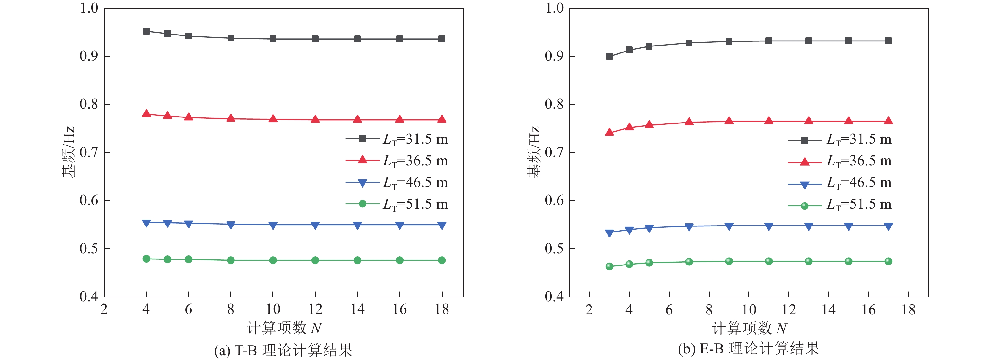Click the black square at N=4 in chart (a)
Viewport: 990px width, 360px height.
[x=146, y=31]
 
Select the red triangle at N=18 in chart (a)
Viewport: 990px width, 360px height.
[x=442, y=119]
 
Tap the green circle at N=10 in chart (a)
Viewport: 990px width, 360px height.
[x=273, y=260]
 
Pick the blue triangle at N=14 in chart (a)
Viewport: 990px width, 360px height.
[x=357, y=225]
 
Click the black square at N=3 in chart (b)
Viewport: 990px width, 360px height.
[x=609, y=57]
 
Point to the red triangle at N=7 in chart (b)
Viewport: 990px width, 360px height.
[x=689, y=122]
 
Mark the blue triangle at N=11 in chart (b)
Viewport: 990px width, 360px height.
[x=769, y=226]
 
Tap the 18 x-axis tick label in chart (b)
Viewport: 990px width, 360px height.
[x=908, y=310]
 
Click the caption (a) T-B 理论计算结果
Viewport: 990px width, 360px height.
[x=283, y=350]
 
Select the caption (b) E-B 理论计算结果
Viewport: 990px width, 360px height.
[x=748, y=348]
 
